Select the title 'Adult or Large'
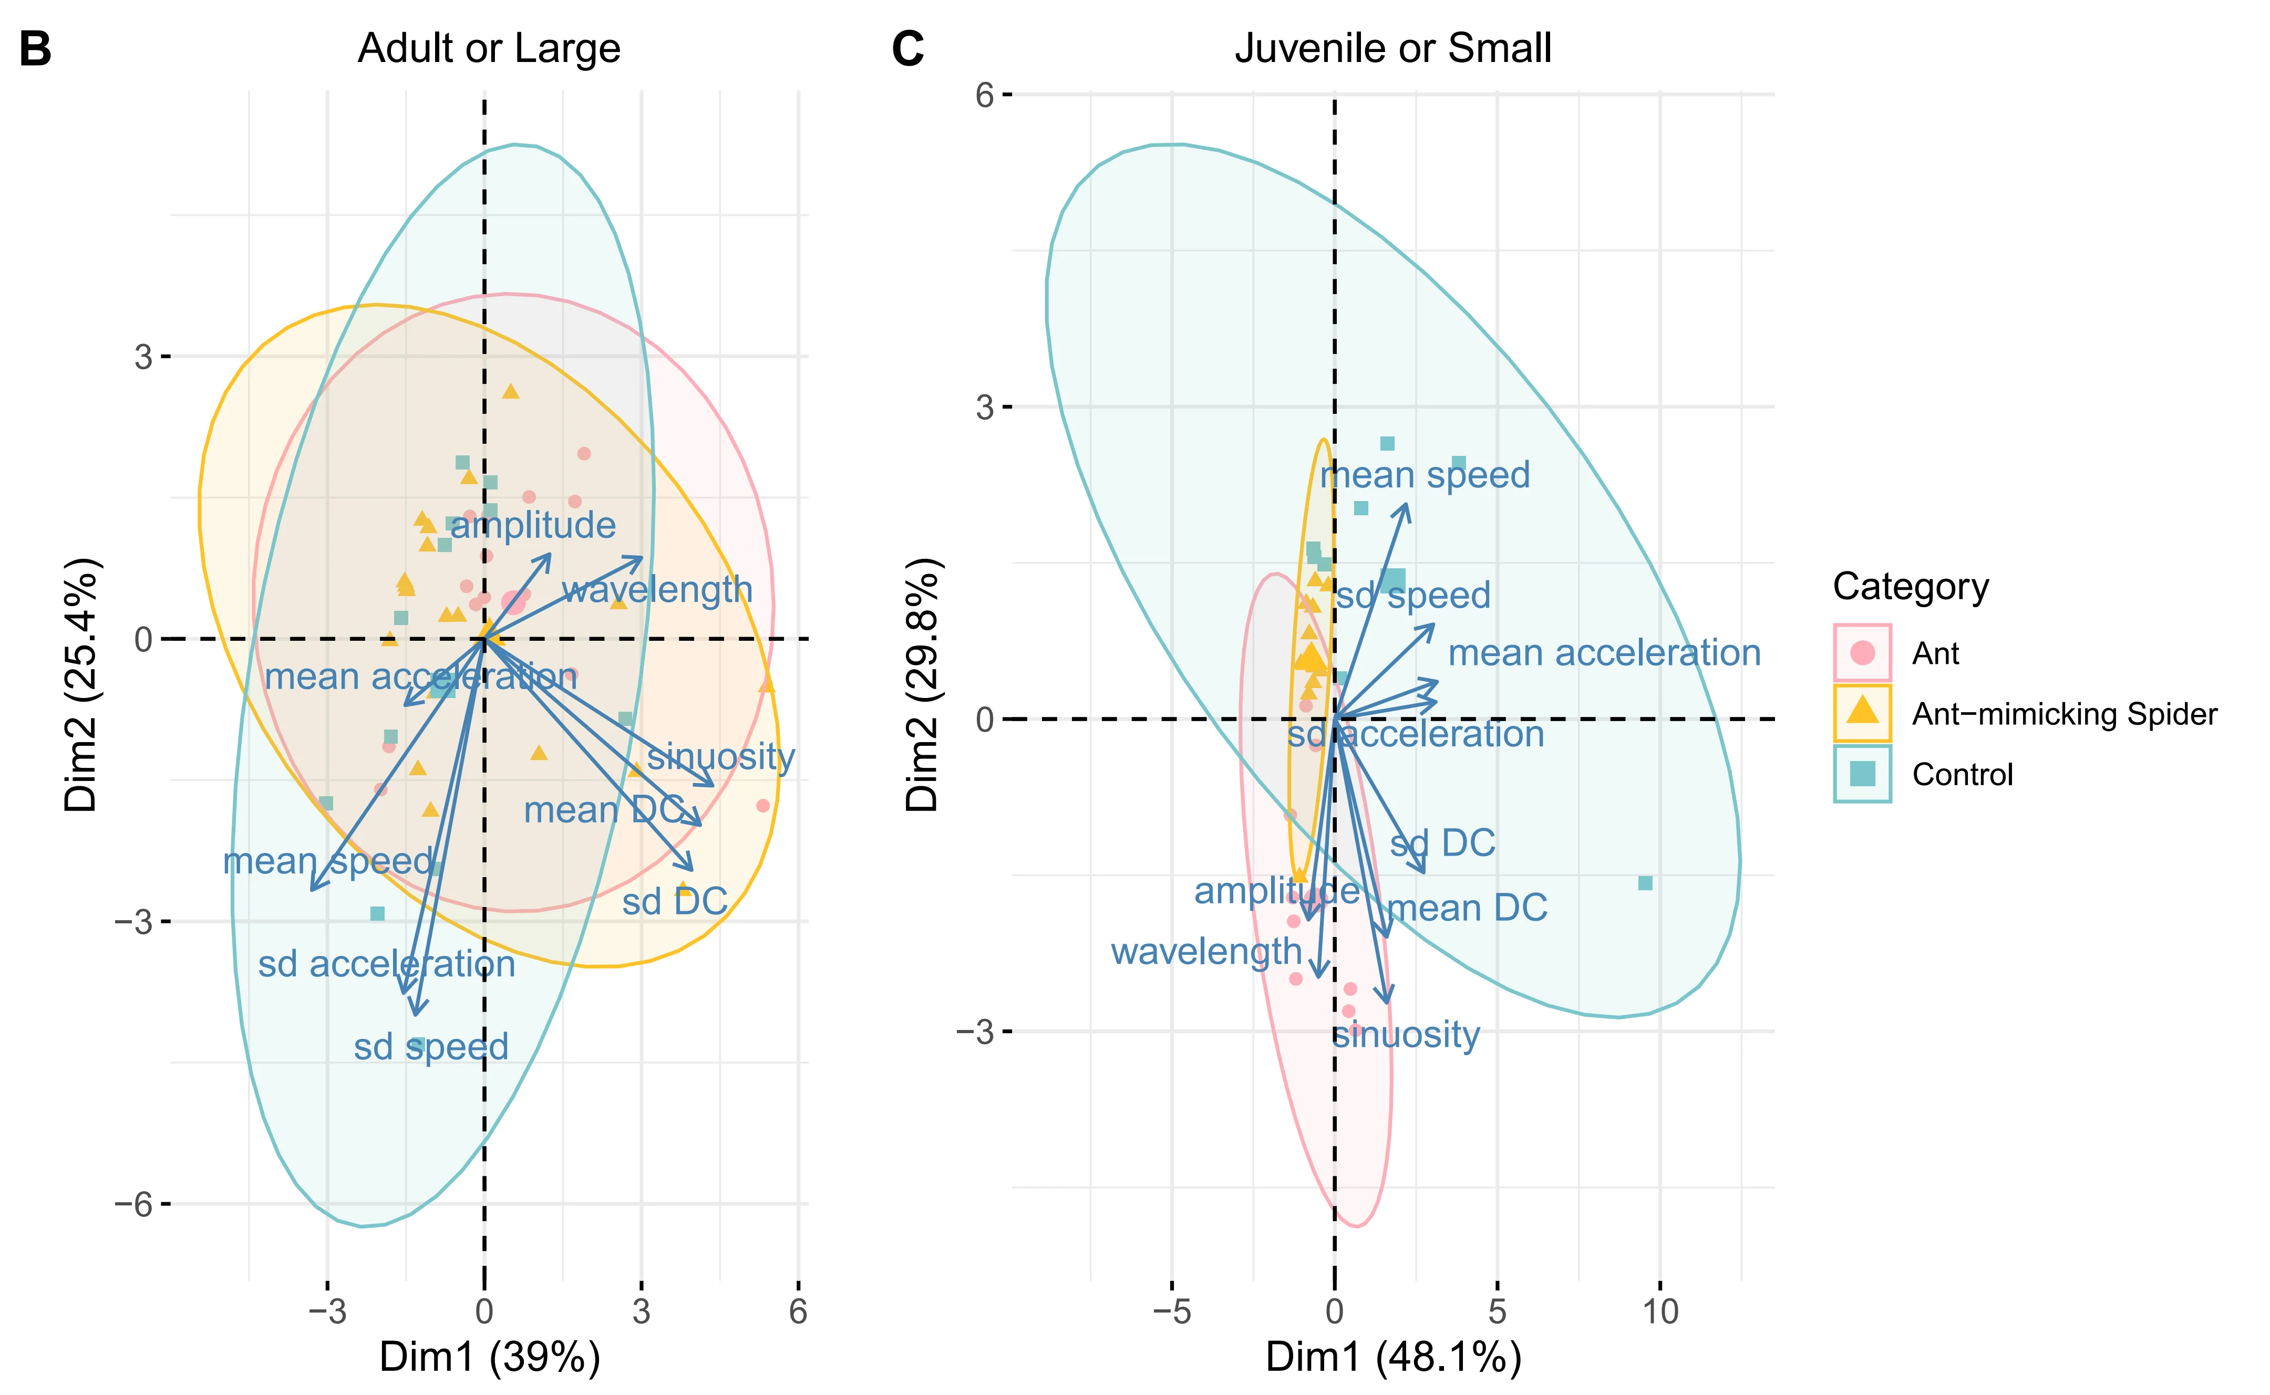[x=489, y=48]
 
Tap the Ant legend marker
[x=1862, y=653]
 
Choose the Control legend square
[x=1862, y=773]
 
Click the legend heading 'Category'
[x=1910, y=587]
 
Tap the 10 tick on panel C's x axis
[x=1660, y=1311]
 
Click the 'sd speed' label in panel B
[x=431, y=1046]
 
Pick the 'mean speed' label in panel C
[x=1426, y=475]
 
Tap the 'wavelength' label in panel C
[x=1206, y=951]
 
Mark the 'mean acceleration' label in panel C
[x=1604, y=653]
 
